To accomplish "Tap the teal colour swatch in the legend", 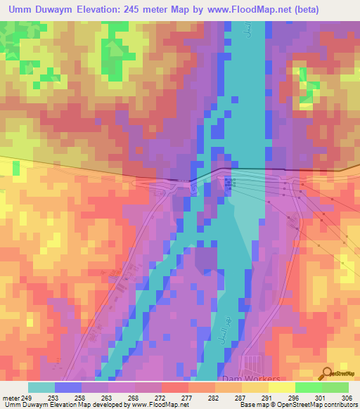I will click(41, 387).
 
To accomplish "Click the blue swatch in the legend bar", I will click(68, 387).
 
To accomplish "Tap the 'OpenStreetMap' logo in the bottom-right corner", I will click(341, 373).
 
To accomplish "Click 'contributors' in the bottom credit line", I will click(340, 405).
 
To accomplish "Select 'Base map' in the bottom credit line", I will click(250, 405).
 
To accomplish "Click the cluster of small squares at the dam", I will click(229, 183).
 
